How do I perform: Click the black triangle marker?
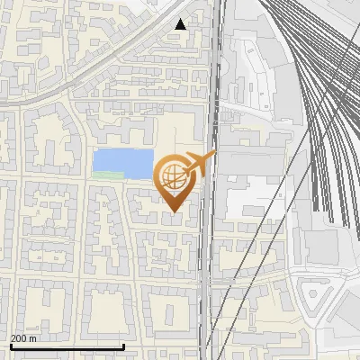coord(181,24)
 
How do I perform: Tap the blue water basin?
coord(122,163)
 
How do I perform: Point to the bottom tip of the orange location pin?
coord(174,211)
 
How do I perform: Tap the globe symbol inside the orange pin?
coord(172,176)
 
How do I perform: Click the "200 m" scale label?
coord(23,338)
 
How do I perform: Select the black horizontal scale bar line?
coord(67,346)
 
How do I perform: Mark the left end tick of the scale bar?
coord(11,346)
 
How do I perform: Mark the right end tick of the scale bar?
coord(123,346)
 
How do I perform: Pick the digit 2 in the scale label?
coord(14,338)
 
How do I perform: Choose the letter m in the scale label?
coord(33,338)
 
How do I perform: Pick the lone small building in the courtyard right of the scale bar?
coord(170,311)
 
